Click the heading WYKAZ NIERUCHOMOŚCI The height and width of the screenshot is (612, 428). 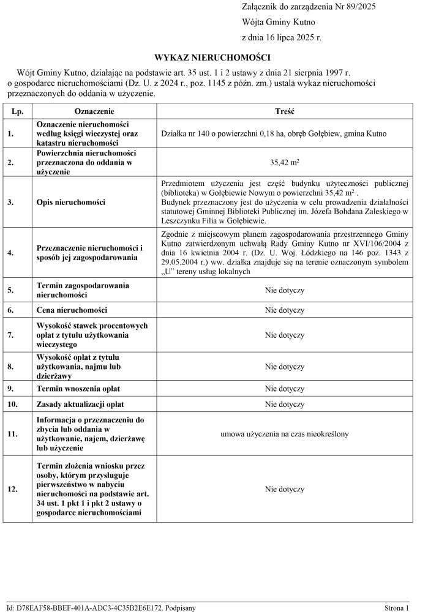pyautogui.click(x=212, y=58)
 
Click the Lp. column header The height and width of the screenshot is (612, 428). pyautogui.click(x=17, y=112)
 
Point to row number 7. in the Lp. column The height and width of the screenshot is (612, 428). pyautogui.click(x=10, y=335)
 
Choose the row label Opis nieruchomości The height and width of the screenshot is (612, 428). pyautogui.click(x=70, y=202)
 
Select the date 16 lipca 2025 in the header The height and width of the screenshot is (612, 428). pyautogui.click(x=290, y=37)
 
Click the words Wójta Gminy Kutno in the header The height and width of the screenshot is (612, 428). pyautogui.click(x=279, y=21)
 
